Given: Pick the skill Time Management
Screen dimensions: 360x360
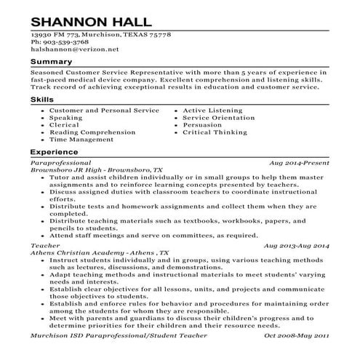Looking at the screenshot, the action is coord(81,139).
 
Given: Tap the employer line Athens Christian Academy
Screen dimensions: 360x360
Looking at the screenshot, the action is coord(99,253).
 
